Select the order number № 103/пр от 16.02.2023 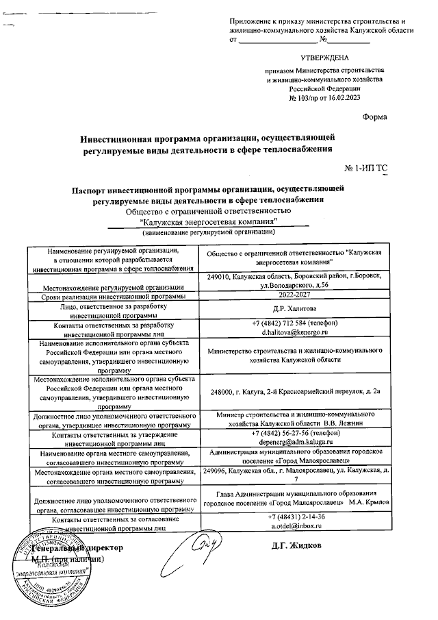(x=324, y=98)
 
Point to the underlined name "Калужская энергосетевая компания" (x=208, y=221)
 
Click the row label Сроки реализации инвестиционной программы (x=113, y=296)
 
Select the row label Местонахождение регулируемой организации (x=113, y=286)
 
